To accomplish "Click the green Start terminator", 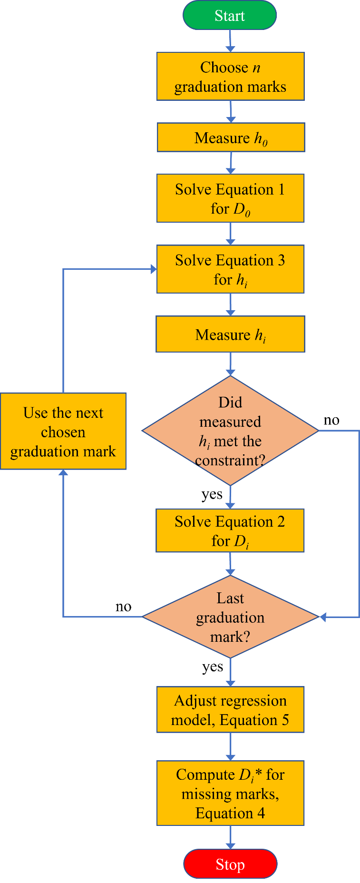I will (x=230, y=15).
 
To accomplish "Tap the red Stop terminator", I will (x=230, y=864).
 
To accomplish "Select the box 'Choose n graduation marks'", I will (x=230, y=77).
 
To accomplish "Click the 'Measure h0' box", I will (x=231, y=137).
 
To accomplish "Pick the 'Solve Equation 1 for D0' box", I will (x=230, y=198).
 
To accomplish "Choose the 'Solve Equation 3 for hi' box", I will (x=230, y=269).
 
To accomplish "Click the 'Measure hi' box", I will (x=230, y=334).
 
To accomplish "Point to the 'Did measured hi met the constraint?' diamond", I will (x=230, y=431).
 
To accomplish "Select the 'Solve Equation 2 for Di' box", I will (x=230, y=531).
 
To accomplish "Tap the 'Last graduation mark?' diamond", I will (x=230, y=617).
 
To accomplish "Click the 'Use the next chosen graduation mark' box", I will (x=63, y=432).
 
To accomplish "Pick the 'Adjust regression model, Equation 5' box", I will (x=230, y=710).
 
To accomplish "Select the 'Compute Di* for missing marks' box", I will (x=230, y=793).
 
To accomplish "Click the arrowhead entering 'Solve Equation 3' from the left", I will (x=154, y=269).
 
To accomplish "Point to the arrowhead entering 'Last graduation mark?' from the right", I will (x=322, y=617).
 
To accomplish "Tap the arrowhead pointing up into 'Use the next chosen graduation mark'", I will (x=63, y=473).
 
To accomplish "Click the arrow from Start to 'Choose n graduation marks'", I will (x=230, y=40).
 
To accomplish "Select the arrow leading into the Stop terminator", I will (x=230, y=837).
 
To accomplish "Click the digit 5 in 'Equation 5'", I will (x=285, y=720).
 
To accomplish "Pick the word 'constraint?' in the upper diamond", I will (x=230, y=461).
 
